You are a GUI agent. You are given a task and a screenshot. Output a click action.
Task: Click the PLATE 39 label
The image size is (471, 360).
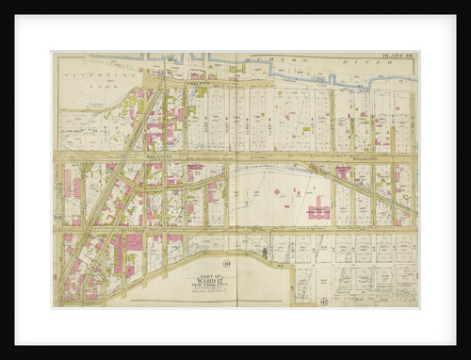point(398,56)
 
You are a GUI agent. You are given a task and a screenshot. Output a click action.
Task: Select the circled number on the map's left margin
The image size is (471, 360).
point(57,219)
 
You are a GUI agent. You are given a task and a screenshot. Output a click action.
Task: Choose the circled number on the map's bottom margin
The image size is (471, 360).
point(322,303)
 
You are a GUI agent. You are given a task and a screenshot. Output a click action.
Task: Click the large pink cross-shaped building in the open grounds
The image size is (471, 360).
point(317,209)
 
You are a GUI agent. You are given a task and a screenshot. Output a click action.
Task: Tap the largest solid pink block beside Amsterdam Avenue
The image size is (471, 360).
point(133,244)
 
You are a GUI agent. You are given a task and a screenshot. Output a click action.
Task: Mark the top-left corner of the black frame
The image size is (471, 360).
point(15,16)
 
